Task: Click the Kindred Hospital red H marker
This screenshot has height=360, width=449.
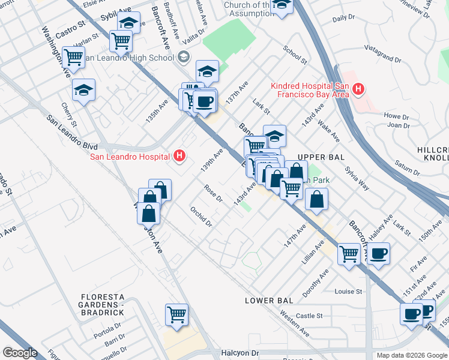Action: (x=358, y=89)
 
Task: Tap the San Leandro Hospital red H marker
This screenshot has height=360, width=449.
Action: (x=179, y=157)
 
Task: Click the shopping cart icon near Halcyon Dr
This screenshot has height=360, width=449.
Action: (x=176, y=314)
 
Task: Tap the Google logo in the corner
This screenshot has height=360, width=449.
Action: (x=20, y=353)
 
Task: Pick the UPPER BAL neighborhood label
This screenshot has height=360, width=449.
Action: (x=324, y=156)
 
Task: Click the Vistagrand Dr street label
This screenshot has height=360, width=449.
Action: (x=382, y=57)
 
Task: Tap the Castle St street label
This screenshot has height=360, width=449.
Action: (x=309, y=316)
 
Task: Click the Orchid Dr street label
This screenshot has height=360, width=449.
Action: (x=201, y=216)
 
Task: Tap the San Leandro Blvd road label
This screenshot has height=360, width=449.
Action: (x=72, y=130)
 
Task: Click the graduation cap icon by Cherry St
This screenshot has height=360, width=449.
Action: (x=83, y=90)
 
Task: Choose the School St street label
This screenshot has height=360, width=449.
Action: (x=295, y=56)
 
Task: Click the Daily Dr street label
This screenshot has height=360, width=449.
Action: (x=343, y=19)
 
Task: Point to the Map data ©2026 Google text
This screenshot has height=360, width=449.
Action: (x=412, y=355)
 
